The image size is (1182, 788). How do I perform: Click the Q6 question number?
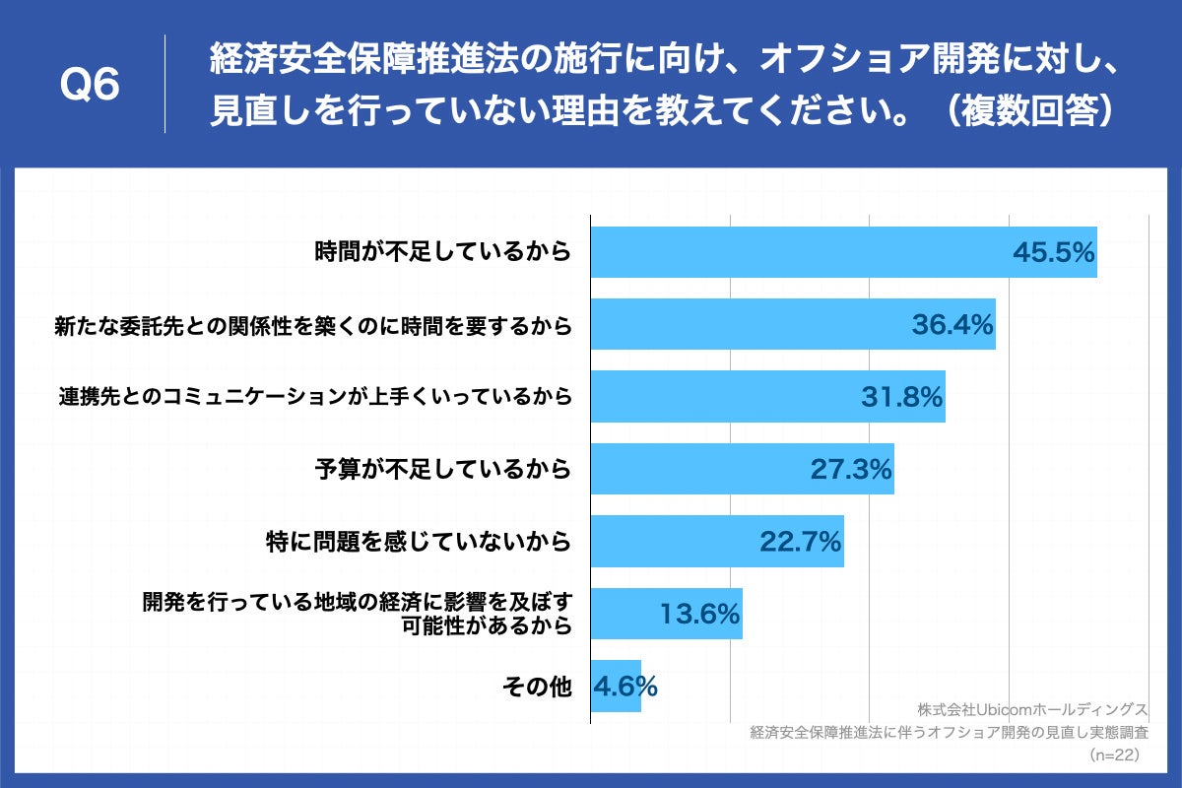[x=90, y=87]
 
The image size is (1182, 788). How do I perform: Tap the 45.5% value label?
[x=1054, y=253]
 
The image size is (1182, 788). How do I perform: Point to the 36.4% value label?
[x=952, y=324]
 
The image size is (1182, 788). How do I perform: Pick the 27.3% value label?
[x=851, y=470]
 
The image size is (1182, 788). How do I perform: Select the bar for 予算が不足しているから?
[x=689, y=470]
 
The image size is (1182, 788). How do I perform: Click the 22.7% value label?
[x=800, y=542]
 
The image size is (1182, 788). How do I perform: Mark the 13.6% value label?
[x=699, y=615]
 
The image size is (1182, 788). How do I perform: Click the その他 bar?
[x=616, y=687]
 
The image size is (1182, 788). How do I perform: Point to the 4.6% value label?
[x=624, y=687]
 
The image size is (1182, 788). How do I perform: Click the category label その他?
[x=537, y=688]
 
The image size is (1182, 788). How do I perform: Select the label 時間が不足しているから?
[x=442, y=252]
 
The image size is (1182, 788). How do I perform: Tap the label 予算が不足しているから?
[x=442, y=470]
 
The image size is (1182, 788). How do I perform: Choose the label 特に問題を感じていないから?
[x=419, y=542]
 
